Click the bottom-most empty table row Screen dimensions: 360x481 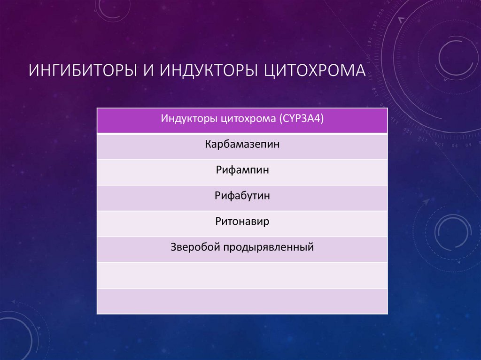pyautogui.click(x=242, y=301)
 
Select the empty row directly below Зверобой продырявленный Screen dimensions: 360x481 pyautogui.click(x=242, y=275)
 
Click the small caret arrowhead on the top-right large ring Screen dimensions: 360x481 pyautogui.click(x=401, y=20)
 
